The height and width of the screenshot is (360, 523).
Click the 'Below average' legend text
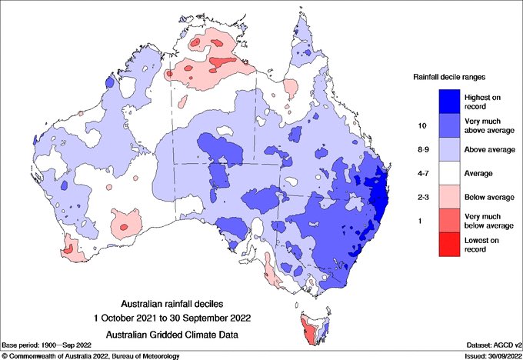[x=488, y=197]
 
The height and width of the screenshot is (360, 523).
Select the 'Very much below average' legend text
[x=488, y=222]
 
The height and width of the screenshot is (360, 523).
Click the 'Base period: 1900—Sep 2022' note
[x=48, y=345]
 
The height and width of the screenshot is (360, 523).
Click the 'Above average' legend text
[x=488, y=149]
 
